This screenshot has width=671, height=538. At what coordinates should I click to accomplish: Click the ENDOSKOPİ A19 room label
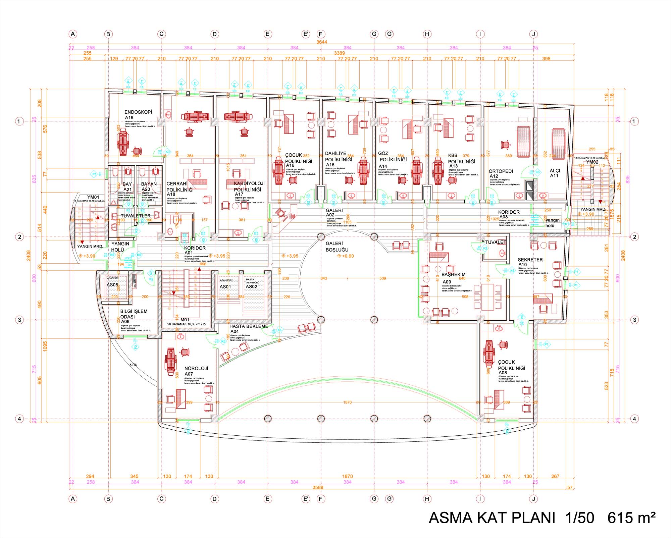[x=138, y=114]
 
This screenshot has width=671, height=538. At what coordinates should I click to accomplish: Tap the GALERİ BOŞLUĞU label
[x=337, y=247]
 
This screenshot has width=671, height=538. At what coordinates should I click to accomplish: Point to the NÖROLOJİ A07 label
[x=196, y=371]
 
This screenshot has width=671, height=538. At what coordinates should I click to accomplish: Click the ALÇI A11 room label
[x=555, y=173]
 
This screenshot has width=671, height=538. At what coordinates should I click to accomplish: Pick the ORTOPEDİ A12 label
[x=501, y=173]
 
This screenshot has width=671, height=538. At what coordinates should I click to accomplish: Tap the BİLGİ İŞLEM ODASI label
[x=134, y=316]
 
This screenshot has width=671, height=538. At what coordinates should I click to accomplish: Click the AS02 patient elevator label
[x=252, y=286]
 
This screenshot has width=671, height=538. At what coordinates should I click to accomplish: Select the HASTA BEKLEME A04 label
[x=248, y=328]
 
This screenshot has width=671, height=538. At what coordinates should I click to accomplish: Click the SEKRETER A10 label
[x=530, y=262]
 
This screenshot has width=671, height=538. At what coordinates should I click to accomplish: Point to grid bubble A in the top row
[x=73, y=34]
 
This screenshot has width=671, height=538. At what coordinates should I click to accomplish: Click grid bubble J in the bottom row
[x=533, y=499]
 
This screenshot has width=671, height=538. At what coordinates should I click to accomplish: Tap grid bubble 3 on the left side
[x=19, y=320]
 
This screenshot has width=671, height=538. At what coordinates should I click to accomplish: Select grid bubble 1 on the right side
[x=634, y=121]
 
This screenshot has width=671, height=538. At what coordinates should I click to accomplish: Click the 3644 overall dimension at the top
[x=321, y=42]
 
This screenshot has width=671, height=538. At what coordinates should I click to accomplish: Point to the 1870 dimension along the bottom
[x=347, y=476]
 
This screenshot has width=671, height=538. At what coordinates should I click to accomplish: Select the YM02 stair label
[x=592, y=162]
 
